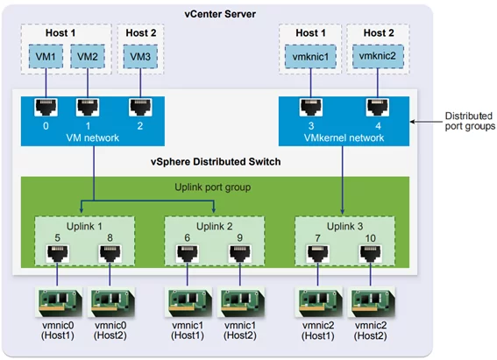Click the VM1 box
(46, 56)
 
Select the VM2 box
(88, 56)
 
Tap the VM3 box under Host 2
(140, 56)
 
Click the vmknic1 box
(310, 56)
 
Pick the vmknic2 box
(378, 56)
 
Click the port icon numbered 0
(46, 108)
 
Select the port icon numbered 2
(140, 108)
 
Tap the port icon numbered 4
(378, 108)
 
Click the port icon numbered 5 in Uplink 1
(57, 254)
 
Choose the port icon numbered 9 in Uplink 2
(240, 254)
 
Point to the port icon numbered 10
(371, 254)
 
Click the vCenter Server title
(220, 14)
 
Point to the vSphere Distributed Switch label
(216, 161)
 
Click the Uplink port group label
(213, 187)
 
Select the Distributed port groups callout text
(470, 121)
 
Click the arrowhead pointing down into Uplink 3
(343, 211)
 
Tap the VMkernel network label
(344, 138)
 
